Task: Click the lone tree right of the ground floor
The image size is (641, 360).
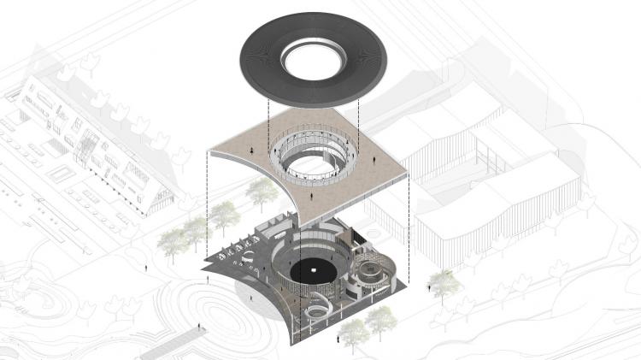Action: point(442,282)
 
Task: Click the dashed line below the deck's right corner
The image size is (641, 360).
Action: point(409,222)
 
